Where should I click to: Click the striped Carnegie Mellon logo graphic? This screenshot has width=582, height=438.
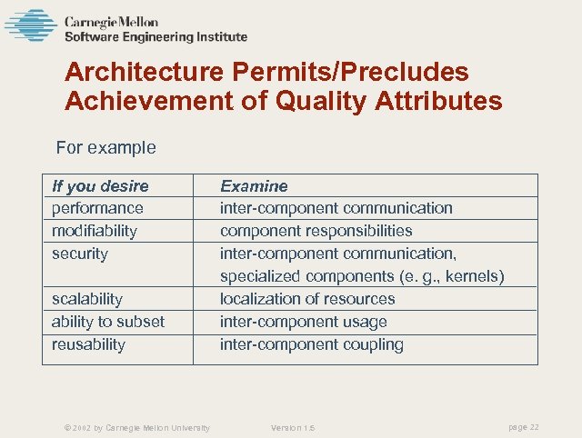(x=30, y=25)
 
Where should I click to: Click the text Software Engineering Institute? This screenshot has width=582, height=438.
(x=156, y=37)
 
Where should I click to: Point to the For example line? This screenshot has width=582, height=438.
(x=105, y=147)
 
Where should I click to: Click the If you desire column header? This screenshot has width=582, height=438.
(x=100, y=186)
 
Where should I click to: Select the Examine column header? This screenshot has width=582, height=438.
(x=254, y=186)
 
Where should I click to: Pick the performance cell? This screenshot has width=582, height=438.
(x=97, y=208)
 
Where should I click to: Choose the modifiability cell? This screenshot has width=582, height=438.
(x=95, y=231)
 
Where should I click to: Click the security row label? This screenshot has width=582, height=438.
(x=80, y=254)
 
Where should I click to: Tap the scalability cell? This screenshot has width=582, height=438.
(x=87, y=299)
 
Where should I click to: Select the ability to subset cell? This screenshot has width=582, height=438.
(x=108, y=322)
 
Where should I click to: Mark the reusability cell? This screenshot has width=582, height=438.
(x=89, y=344)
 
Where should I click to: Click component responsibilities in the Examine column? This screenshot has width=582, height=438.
(x=316, y=231)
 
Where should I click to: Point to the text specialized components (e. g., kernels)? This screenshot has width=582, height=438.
(x=362, y=276)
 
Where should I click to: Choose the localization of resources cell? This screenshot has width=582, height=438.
(x=307, y=299)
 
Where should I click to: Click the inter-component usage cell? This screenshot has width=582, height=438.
(x=304, y=322)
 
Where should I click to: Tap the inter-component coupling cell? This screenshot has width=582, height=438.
(x=312, y=344)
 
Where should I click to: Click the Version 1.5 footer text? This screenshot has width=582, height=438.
(x=293, y=428)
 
